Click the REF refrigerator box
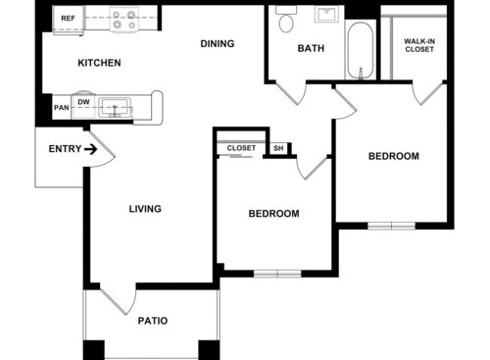[69, 19]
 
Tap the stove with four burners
[125, 17]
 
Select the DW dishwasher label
[83, 101]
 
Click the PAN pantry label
[61, 108]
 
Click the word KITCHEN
[99, 63]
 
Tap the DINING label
[217, 43]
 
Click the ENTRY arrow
[90, 149]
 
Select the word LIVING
[145, 209]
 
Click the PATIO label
[152, 321]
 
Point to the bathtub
[360, 49]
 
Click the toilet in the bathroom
[286, 21]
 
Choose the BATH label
[311, 47]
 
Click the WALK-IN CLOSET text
[418, 44]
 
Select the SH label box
[278, 148]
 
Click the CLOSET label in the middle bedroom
[241, 148]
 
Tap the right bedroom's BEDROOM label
[393, 156]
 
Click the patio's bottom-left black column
[93, 349]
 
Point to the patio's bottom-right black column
[209, 349]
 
